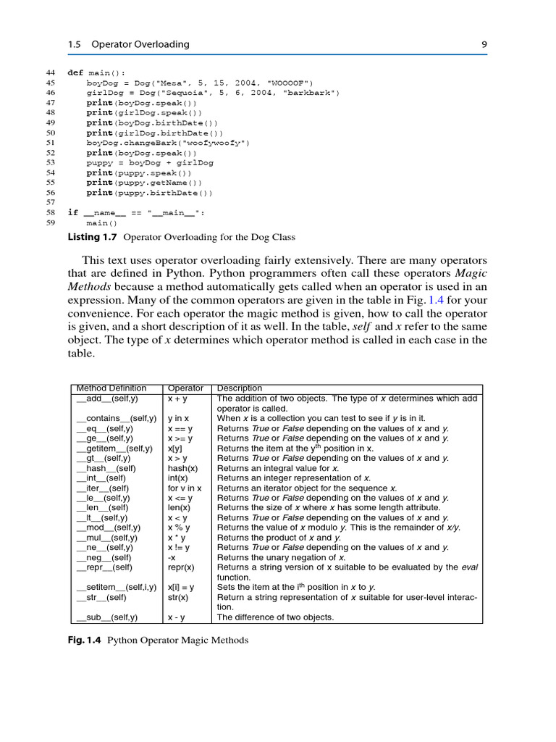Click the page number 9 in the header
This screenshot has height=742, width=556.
click(x=484, y=44)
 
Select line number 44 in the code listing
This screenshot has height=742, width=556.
click(x=50, y=73)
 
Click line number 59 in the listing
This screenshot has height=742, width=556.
click(x=50, y=223)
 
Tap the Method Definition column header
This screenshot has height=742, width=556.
click(x=111, y=388)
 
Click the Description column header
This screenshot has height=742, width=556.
click(x=240, y=388)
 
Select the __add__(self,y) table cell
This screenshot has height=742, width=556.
click(x=107, y=399)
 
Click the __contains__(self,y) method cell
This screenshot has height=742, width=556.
click(x=117, y=419)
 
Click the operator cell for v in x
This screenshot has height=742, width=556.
click(x=185, y=488)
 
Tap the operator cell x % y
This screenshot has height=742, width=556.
click(x=178, y=528)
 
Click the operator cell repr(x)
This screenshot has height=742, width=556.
click(x=181, y=567)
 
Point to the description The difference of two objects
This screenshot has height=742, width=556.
click(x=275, y=617)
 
